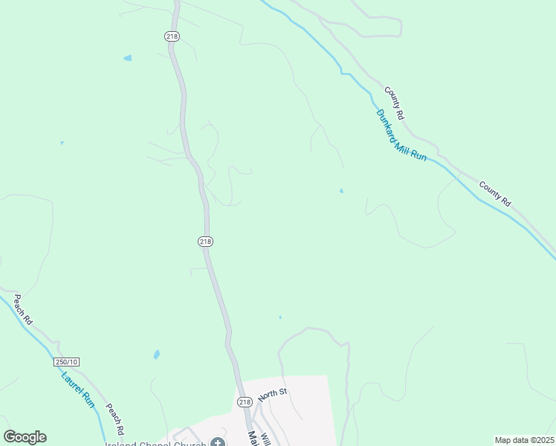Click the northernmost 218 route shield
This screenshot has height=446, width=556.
172,36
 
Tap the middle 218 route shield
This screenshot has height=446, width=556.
206,241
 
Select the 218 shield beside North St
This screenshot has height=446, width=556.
245,402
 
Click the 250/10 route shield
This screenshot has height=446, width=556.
66,362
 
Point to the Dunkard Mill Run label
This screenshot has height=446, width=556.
401,136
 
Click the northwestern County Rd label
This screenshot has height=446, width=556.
395,103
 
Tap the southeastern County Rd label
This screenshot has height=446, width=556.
495,193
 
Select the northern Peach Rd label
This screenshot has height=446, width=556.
22,311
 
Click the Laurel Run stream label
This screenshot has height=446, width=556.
78,390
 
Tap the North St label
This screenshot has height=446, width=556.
273,392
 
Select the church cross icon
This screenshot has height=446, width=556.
218,442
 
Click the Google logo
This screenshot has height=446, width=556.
25,437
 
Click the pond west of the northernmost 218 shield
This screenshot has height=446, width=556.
128,57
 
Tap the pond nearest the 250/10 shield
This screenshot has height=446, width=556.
156,355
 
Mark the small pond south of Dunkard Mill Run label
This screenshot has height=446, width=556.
341,191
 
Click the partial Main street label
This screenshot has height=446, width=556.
253,438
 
